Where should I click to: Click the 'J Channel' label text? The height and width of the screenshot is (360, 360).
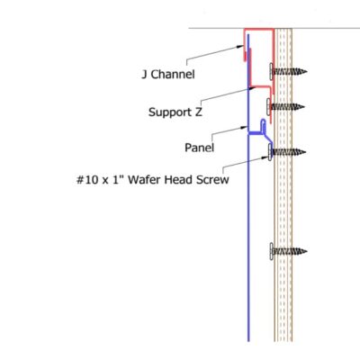(168, 74)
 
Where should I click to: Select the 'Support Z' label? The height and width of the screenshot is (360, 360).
(175, 112)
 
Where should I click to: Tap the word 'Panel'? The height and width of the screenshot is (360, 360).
(199, 148)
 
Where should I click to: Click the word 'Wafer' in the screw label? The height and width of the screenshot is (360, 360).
(146, 180)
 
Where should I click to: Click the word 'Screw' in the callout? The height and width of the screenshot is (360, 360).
(212, 180)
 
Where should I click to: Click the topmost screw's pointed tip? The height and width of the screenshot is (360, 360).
(306, 72)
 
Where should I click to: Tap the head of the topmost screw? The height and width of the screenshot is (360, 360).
(271, 71)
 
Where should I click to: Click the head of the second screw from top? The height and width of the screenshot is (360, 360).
(268, 106)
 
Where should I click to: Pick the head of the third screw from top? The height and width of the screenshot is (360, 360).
(270, 152)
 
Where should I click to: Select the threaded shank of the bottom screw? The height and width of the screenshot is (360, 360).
(289, 251)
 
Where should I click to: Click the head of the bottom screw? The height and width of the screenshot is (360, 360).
(271, 251)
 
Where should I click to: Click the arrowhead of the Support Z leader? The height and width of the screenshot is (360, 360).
(252, 88)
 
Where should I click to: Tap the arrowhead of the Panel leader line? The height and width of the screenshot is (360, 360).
(244, 128)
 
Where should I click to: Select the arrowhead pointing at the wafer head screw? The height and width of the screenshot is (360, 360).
(265, 157)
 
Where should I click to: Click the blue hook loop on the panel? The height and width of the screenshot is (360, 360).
(264, 122)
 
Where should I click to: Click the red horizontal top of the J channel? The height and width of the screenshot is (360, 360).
(258, 30)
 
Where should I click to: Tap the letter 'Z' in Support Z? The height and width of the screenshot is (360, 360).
(198, 112)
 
